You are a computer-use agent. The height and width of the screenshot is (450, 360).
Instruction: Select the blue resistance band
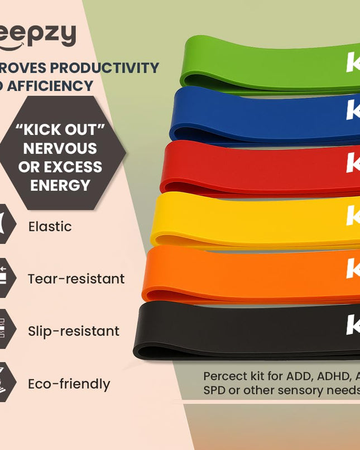pos(262,116)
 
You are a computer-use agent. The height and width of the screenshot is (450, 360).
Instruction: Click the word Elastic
pos(50,226)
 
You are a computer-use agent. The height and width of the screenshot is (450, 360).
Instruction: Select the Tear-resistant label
pos(76,279)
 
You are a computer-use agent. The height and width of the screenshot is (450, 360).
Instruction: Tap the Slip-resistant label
pos(73,331)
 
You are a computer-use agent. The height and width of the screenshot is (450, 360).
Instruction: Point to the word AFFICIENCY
pos(50,86)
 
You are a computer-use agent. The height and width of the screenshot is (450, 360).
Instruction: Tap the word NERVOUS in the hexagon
pos(60,149)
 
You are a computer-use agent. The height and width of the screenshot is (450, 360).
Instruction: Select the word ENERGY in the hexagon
pos(60,185)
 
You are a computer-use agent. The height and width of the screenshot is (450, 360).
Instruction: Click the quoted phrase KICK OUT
pos(60,130)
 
